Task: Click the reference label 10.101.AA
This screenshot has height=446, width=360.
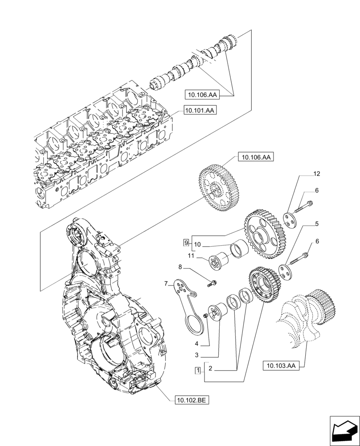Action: tap(199, 110)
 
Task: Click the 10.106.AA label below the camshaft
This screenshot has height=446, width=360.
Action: tap(201, 94)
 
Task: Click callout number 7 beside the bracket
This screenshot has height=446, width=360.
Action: tap(166, 283)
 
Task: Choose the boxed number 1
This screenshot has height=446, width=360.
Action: tap(197, 370)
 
